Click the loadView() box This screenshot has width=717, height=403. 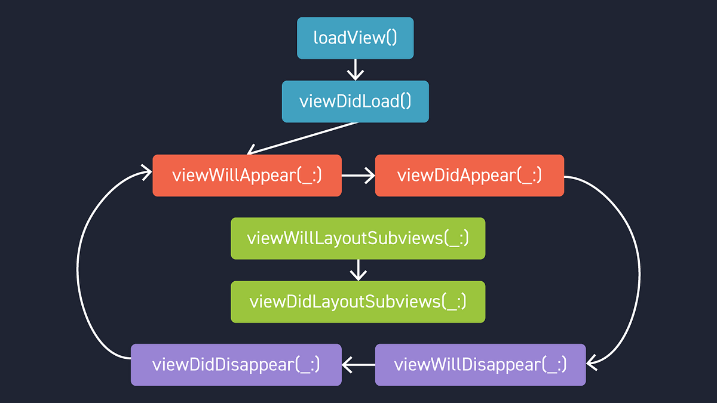[355, 38]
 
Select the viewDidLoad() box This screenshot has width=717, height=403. [355, 101]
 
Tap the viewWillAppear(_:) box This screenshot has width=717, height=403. [247, 176]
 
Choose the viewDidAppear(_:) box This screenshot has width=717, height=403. [469, 176]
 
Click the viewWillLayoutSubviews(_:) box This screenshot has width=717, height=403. [358, 238]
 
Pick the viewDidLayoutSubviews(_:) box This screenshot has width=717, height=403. [358, 302]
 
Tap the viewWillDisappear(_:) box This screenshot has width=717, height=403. [480, 364]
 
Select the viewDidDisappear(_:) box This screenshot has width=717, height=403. [236, 364]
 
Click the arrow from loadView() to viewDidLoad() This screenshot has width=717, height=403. [356, 69]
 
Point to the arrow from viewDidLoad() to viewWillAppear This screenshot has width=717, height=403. [302, 139]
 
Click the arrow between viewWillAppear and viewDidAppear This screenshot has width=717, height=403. [358, 176]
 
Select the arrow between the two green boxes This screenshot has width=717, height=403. [358, 270]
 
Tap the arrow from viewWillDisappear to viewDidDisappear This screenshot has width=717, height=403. [358, 364]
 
